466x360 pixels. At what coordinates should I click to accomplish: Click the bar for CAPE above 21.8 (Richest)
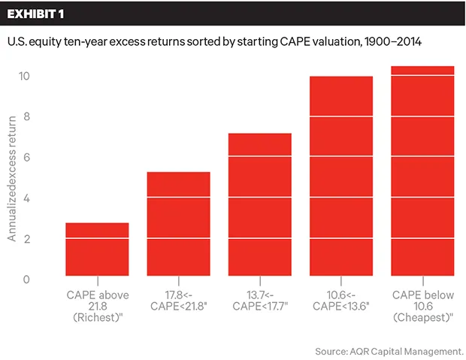click(97, 250)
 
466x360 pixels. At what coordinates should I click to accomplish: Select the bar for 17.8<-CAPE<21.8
click(178, 225)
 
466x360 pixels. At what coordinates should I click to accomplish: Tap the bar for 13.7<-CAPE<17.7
click(259, 205)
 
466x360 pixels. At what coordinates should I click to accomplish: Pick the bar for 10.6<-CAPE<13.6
click(341, 177)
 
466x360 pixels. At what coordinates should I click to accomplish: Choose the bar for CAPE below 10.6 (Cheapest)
click(422, 172)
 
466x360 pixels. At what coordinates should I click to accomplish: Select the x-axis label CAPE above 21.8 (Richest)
click(97, 304)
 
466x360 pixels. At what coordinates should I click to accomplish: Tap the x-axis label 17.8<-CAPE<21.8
click(178, 298)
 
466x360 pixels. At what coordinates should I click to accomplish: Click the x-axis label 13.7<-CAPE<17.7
click(259, 298)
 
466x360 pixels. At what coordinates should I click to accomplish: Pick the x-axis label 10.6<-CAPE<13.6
click(341, 298)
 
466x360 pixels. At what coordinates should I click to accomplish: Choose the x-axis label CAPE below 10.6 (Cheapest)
click(422, 304)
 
